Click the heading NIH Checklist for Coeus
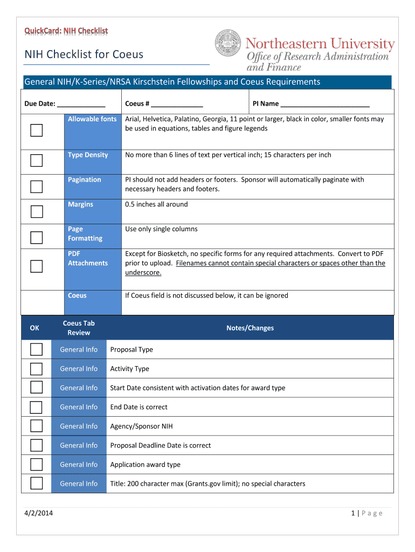pyautogui.click(x=84, y=54)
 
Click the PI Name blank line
pyautogui.click(x=324, y=104)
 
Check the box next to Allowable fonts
pyautogui.click(x=37, y=130)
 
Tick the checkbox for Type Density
pyautogui.click(x=37, y=161)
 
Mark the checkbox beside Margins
pyautogui.click(x=37, y=211)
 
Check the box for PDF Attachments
pyautogui.click(x=37, y=266)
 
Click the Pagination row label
pyautogui.click(x=85, y=180)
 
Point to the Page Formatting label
pyautogui.click(x=85, y=233)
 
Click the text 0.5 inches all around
pyautogui.click(x=156, y=204)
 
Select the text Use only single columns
pyautogui.click(x=161, y=229)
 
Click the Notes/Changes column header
pyautogui.click(x=250, y=328)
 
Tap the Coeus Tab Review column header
pyautogui.click(x=79, y=328)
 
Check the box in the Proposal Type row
pyautogui.click(x=36, y=350)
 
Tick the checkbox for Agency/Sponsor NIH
pyautogui.click(x=36, y=426)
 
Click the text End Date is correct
pyautogui.click(x=139, y=407)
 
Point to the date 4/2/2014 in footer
pyautogui.click(x=38, y=513)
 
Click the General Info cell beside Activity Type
pyautogui.click(x=79, y=369)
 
